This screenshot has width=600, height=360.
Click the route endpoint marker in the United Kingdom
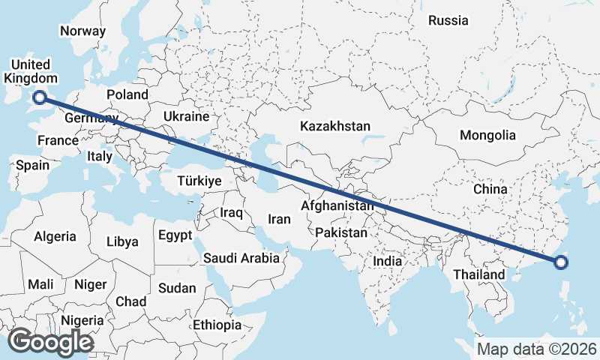pos(40,96)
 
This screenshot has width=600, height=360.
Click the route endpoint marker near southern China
pos(561,262)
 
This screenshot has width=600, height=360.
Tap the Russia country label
pos(448,20)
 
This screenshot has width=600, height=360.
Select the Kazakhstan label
pos(335,126)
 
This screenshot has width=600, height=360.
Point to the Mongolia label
pos(488,135)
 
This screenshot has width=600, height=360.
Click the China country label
pos(491,190)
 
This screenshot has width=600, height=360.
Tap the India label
pos(388,262)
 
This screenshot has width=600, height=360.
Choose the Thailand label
pos(478,274)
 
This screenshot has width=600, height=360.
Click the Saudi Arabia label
pos(241,258)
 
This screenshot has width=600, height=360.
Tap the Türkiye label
pos(199,181)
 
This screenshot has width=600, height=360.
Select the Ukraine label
pos(186,117)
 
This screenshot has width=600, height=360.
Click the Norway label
pos(82,31)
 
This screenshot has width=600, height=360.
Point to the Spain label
pos(32,165)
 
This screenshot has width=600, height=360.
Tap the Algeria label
pos(55,236)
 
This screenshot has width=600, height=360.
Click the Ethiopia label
pos(217,325)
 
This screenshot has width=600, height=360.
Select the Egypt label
pos(175,235)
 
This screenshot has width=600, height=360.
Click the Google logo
pos(50,342)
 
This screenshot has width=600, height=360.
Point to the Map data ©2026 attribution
pos(537,349)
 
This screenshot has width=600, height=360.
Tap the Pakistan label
pos(341,232)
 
